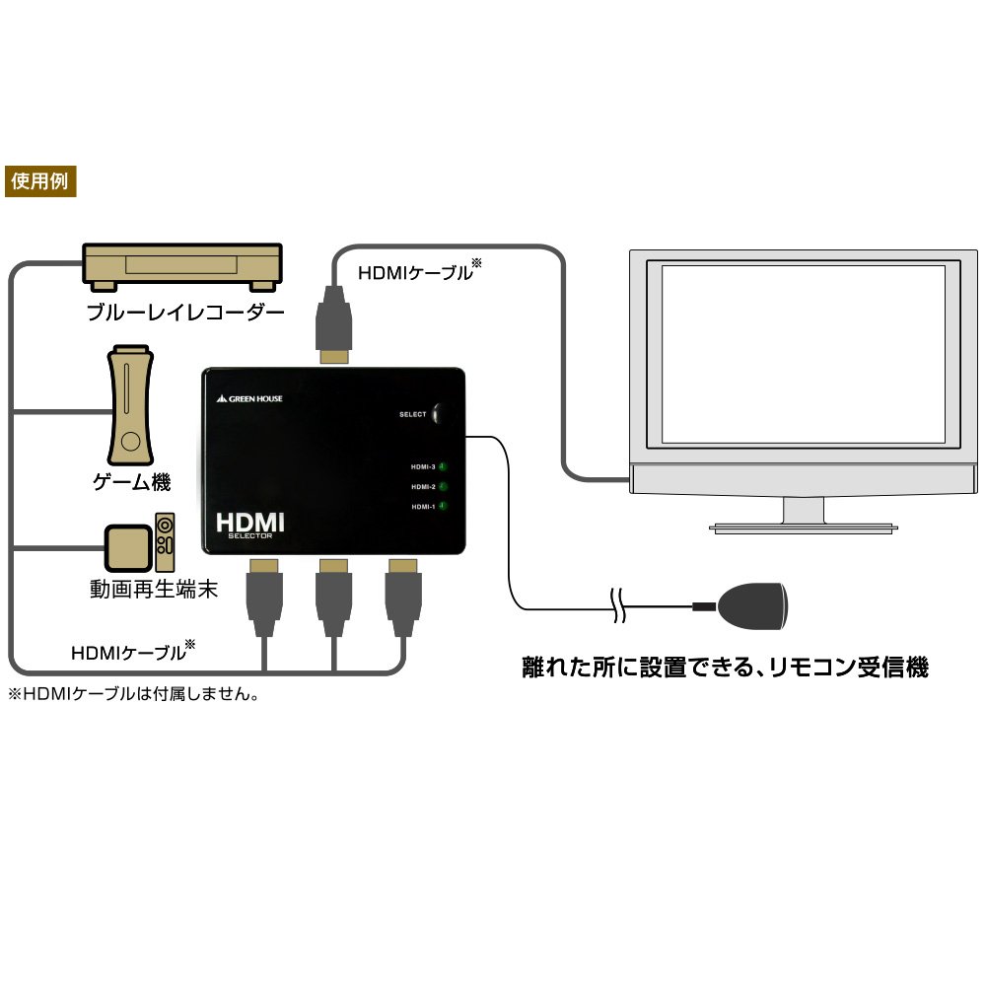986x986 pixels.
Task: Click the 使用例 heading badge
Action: pyautogui.click(x=40, y=182)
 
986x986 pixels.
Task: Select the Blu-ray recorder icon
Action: pyautogui.click(x=183, y=267)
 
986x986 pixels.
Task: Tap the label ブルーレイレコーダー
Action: pyautogui.click(x=185, y=314)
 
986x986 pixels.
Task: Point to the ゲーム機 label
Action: pyautogui.click(x=131, y=482)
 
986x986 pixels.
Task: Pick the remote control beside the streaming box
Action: pyautogui.click(x=166, y=541)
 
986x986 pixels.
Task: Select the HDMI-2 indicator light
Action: pyautogui.click(x=443, y=486)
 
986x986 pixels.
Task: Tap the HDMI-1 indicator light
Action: pyautogui.click(x=443, y=507)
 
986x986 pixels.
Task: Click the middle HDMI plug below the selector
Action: pyautogui.click(x=333, y=596)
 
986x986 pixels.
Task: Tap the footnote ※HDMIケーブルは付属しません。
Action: pyautogui.click(x=133, y=694)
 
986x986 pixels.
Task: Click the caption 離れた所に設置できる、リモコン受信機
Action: pyautogui.click(x=725, y=668)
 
